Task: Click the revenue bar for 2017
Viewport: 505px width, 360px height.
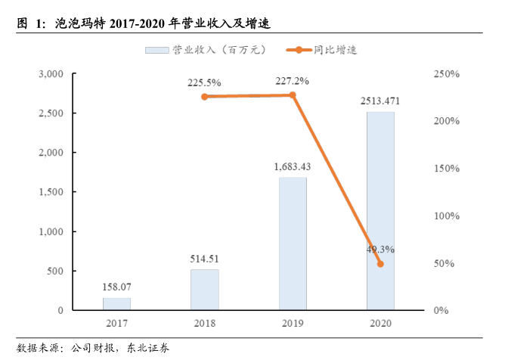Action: point(116,304)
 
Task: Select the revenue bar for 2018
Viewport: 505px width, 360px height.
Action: point(204,290)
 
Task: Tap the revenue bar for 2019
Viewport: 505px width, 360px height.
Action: point(293,244)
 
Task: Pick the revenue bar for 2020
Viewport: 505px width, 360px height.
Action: point(380,211)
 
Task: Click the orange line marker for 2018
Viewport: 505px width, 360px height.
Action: point(204,97)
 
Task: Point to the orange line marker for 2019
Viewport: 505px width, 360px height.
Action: point(293,95)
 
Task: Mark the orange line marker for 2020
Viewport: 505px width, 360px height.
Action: point(380,264)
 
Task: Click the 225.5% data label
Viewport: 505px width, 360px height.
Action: point(204,82)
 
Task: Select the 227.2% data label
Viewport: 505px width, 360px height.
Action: point(293,81)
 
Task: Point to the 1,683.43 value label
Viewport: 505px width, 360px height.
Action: point(293,166)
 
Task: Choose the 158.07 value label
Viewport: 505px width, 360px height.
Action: point(116,287)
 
